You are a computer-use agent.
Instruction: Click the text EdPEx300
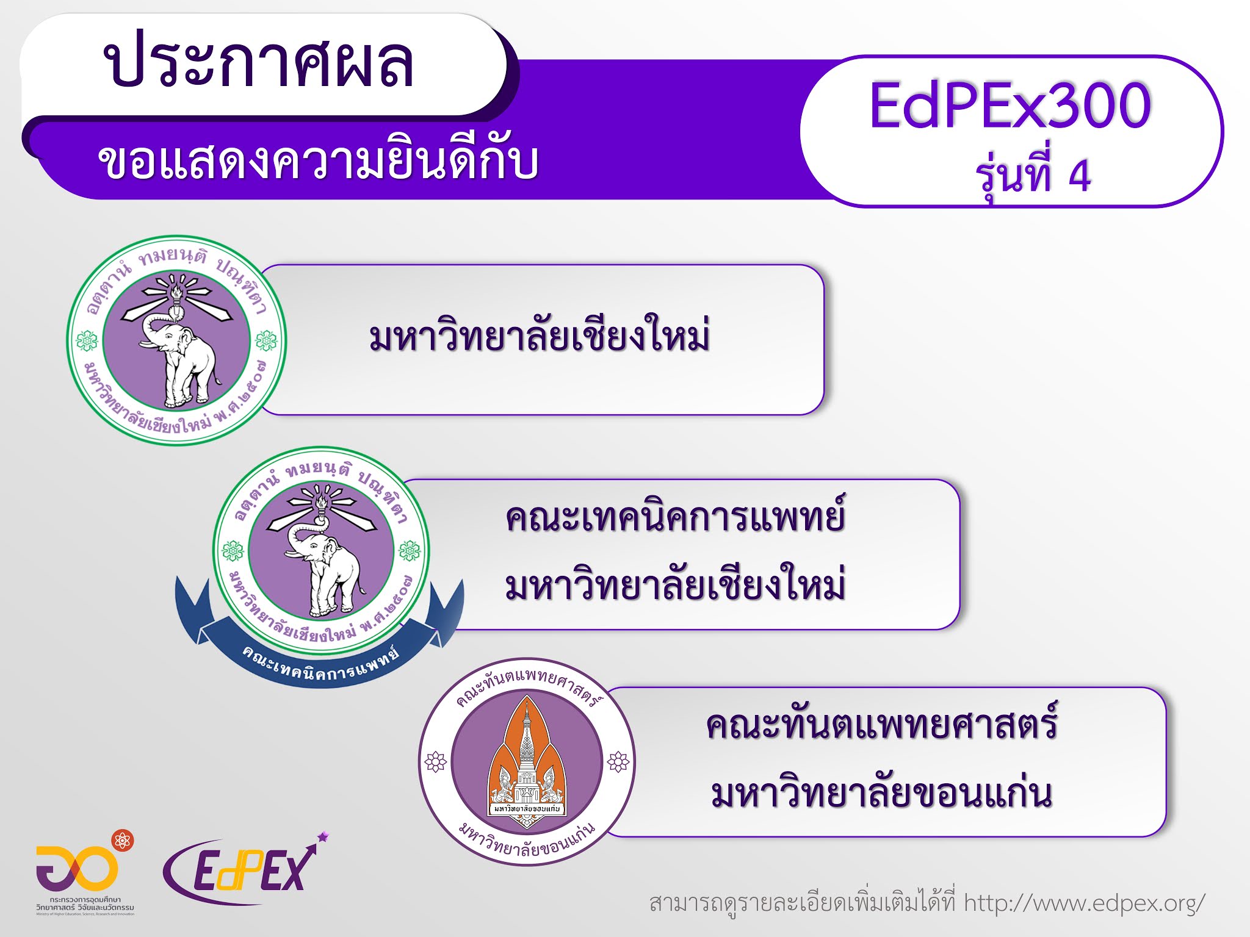point(1010,106)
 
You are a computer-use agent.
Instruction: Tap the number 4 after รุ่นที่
point(1079,176)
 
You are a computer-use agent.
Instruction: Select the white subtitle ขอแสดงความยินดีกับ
point(317,162)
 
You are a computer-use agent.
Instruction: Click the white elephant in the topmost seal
point(180,360)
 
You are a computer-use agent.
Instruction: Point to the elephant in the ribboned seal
point(323,570)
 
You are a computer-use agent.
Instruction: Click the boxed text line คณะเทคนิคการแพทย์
point(675,517)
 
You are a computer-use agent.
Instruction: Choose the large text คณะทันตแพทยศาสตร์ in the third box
point(881,725)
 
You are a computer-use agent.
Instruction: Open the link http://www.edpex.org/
point(1084,903)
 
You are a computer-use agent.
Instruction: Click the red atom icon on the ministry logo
point(122,841)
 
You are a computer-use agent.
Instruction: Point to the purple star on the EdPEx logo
point(323,836)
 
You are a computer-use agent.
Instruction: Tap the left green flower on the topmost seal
point(86,340)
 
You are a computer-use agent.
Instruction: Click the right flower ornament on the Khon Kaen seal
point(618,761)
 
